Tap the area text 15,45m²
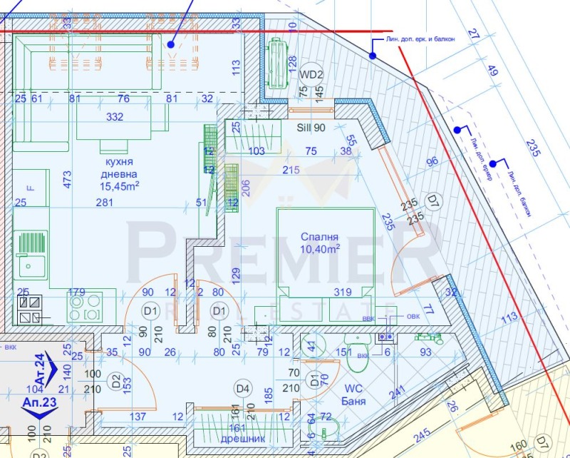coord(119,186)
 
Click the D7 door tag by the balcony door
coord(432,199)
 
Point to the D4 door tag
coord(244,388)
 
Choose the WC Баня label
coord(354,395)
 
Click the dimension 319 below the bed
coord(343,291)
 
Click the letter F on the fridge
coord(30,188)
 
